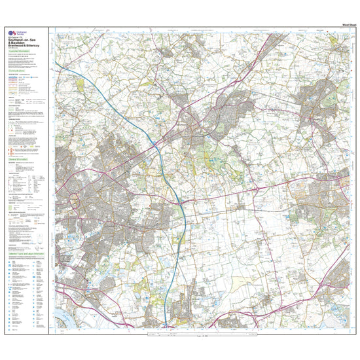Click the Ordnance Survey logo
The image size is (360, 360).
(10, 32)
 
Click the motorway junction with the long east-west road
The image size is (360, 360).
(180, 204)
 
